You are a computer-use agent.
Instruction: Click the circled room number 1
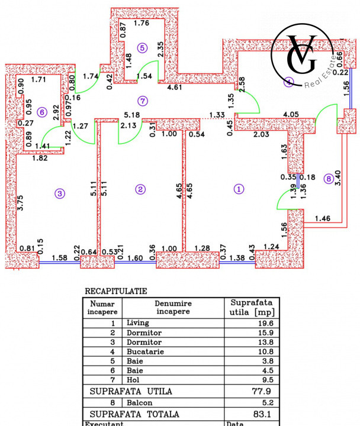[x=239, y=189]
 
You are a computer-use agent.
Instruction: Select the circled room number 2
[x=140, y=189]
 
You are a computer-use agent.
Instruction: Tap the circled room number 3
[x=59, y=192]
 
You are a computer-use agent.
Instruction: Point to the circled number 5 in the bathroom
[x=142, y=48]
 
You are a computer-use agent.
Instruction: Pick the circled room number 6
[x=41, y=111]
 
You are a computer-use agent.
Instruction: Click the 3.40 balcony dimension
[x=338, y=177]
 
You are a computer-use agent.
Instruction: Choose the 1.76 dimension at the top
[x=142, y=24]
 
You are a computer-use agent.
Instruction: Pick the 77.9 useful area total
[x=253, y=392]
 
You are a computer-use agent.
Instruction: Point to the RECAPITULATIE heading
[x=116, y=291]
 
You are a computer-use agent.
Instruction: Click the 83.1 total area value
[x=253, y=414]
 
